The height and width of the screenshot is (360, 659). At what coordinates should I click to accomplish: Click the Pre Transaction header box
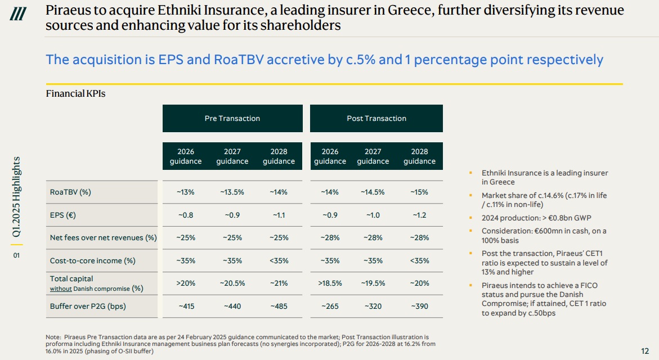point(232,118)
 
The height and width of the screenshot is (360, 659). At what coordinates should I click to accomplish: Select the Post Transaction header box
point(376,118)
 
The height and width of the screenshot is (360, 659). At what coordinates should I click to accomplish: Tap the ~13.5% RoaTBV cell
point(232,192)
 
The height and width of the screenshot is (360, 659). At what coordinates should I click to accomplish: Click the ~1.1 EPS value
point(279,215)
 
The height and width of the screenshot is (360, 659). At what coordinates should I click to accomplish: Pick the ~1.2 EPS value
point(419,215)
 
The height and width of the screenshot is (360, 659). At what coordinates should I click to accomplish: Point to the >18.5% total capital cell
point(330,283)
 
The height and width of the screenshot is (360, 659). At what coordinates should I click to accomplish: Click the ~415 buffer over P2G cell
point(186,307)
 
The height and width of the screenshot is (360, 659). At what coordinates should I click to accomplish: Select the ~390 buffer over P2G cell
point(419,307)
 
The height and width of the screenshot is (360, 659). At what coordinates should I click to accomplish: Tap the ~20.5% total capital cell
point(232,283)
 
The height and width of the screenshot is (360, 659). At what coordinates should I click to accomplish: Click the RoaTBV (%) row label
point(70,192)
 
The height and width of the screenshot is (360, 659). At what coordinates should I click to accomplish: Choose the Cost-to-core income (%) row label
point(93,261)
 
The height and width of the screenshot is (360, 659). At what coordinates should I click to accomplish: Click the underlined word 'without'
point(60,289)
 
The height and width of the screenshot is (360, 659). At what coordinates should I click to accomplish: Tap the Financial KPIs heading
point(75,94)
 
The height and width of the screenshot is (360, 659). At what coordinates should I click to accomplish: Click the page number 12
point(645,351)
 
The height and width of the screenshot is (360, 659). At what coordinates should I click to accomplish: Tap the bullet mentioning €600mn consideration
point(544,236)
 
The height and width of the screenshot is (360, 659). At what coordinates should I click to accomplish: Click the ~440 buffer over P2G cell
point(232,307)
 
